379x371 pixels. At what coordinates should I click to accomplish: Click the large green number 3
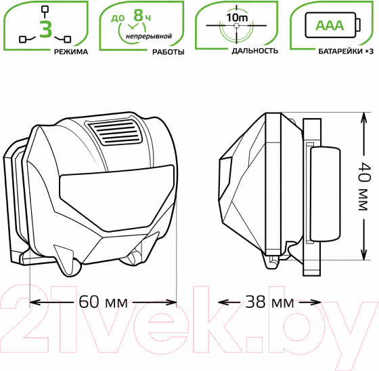pos(45,29)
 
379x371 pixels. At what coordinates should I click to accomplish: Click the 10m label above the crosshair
pos(236,16)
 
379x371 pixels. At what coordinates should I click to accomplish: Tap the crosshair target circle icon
pos(236,28)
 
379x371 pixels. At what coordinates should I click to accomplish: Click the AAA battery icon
pos(329,26)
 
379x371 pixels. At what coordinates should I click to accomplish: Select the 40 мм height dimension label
pos(364,187)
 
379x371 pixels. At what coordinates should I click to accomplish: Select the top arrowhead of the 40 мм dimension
pos(364,117)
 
